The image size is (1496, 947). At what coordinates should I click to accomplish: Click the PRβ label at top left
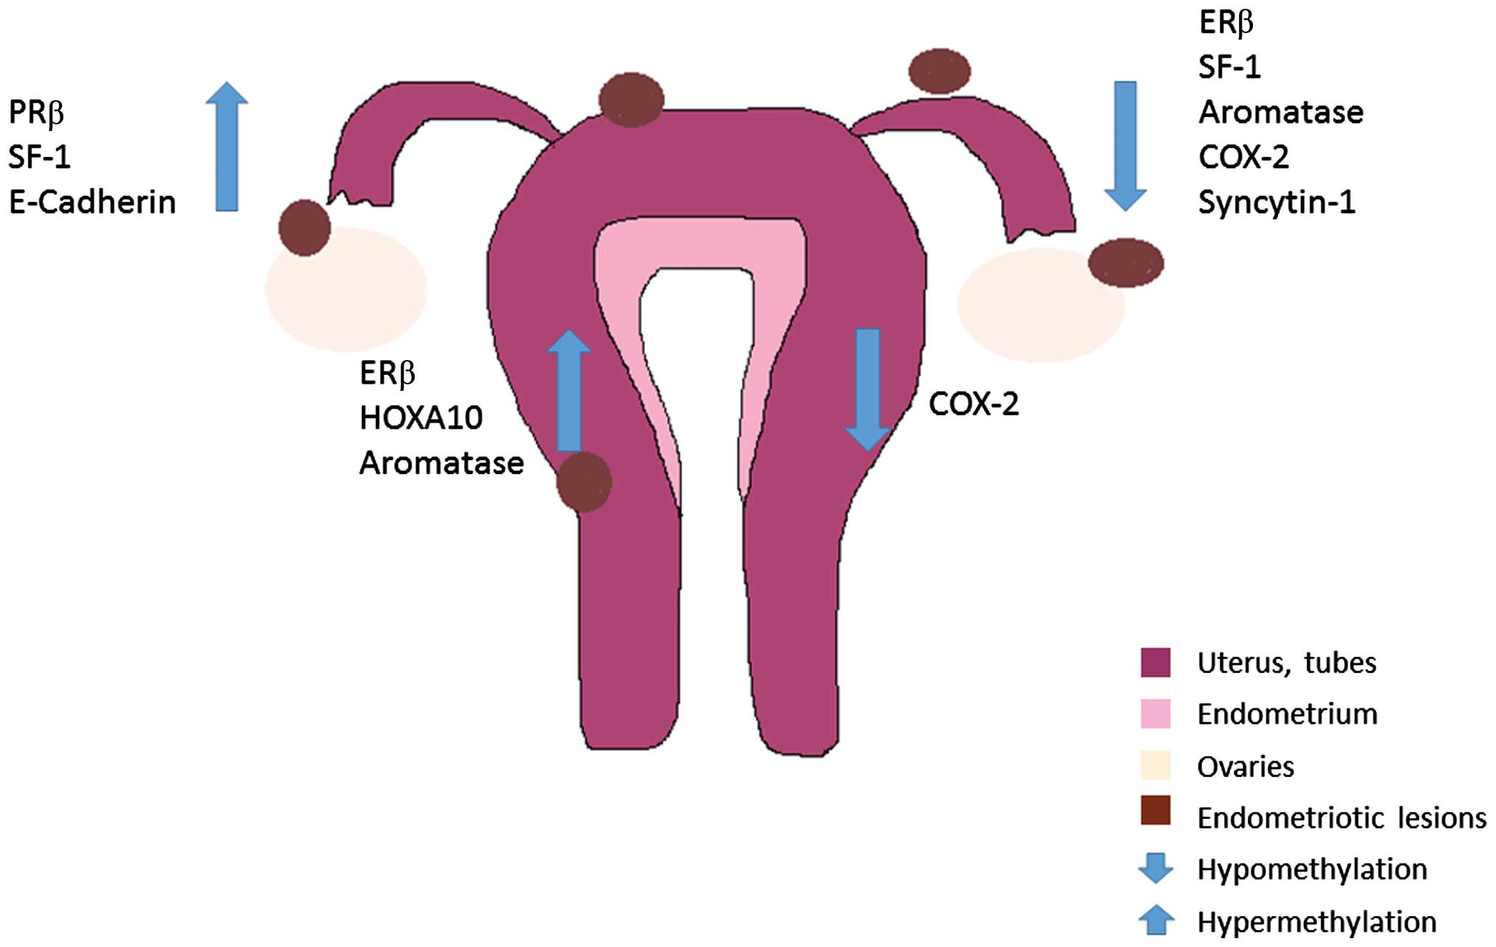pyautogui.click(x=36, y=113)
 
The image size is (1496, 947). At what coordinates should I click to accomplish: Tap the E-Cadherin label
pyautogui.click(x=92, y=203)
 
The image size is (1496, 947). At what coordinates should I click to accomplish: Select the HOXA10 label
pyautogui.click(x=421, y=418)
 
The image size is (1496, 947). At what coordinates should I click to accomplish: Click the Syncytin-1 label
pyautogui.click(x=1276, y=203)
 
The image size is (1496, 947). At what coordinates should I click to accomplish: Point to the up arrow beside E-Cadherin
pyautogui.click(x=227, y=147)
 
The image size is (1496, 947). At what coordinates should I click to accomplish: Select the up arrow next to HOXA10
pyautogui.click(x=569, y=390)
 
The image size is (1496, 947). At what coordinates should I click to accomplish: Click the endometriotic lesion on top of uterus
pyautogui.click(x=631, y=99)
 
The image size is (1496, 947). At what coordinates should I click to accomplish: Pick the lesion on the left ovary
pyautogui.click(x=304, y=228)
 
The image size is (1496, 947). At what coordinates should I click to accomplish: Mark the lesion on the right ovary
pyautogui.click(x=1125, y=263)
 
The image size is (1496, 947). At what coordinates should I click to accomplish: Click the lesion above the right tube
pyautogui.click(x=939, y=71)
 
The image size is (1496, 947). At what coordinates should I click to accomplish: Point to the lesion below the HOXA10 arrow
pyautogui.click(x=584, y=482)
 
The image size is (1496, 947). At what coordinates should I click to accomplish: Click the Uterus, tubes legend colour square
pyautogui.click(x=1155, y=662)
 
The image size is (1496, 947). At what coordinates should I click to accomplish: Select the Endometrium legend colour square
pyautogui.click(x=1155, y=714)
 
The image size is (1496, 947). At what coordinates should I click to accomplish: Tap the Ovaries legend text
pyautogui.click(x=1246, y=767)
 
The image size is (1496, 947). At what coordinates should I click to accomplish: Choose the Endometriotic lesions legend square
pyautogui.click(x=1155, y=810)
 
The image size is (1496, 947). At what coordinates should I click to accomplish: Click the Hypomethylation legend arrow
pyautogui.click(x=1155, y=867)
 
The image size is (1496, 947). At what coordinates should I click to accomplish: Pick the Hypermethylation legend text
pyautogui.click(x=1316, y=922)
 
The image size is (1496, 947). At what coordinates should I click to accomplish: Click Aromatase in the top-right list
pyautogui.click(x=1281, y=113)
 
